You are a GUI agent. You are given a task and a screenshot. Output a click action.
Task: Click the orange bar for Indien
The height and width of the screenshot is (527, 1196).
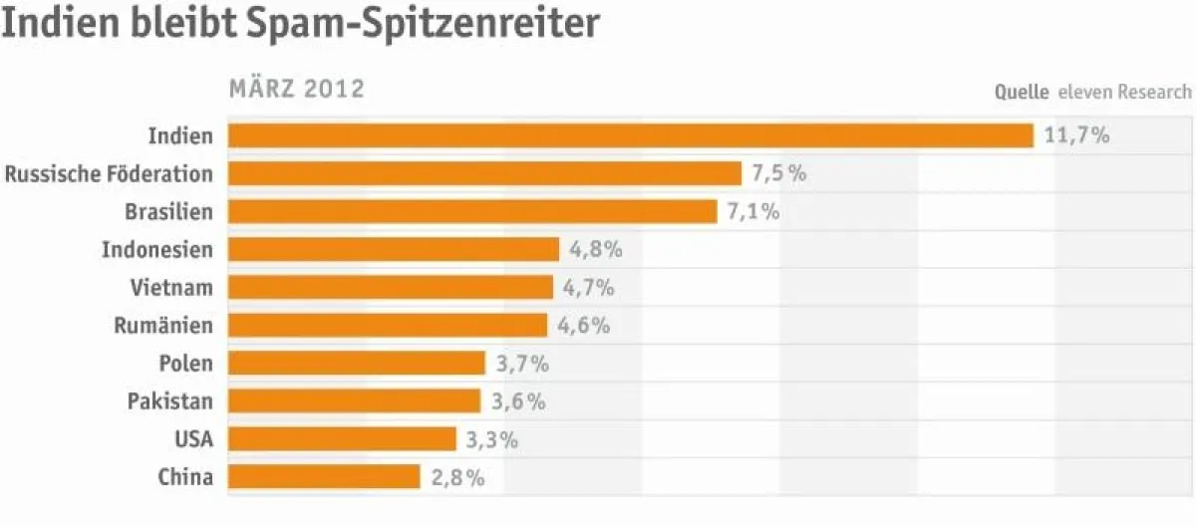click(x=630, y=135)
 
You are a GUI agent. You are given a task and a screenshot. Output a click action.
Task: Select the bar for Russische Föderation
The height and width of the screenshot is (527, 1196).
click(x=484, y=173)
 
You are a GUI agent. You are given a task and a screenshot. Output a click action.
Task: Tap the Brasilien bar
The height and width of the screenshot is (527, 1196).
click(x=472, y=211)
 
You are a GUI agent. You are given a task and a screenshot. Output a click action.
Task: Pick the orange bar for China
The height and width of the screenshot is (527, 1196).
click(x=324, y=477)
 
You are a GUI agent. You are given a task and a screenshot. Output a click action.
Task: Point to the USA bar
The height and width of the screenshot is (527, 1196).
click(x=342, y=439)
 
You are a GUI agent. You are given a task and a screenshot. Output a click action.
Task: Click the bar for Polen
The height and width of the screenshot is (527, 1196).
click(x=357, y=364)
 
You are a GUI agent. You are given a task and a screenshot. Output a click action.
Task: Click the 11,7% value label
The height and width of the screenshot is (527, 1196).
click(x=1076, y=135)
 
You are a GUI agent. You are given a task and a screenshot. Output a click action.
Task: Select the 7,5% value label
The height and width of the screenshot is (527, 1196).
click(x=778, y=173)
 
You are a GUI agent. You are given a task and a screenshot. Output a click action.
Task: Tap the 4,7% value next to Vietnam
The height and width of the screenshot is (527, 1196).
click(x=588, y=288)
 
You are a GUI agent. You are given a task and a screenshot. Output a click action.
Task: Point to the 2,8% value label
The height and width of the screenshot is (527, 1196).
click(x=457, y=477)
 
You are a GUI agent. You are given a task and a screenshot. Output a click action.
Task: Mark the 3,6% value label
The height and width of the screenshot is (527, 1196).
click(x=518, y=401)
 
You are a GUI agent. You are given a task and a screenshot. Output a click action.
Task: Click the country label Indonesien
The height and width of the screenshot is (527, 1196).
click(x=157, y=249)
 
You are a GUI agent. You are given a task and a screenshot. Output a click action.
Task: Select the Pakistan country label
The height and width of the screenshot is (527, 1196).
click(x=169, y=401)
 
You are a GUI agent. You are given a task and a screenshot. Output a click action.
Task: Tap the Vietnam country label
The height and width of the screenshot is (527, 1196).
click(x=171, y=288)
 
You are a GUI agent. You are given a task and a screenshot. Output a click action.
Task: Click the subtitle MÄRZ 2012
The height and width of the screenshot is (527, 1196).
click(x=297, y=90)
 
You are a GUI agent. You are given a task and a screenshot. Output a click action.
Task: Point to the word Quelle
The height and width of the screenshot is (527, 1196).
click(x=1022, y=92)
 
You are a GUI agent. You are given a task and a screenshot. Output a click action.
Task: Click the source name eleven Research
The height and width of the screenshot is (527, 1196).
click(x=1124, y=92)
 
